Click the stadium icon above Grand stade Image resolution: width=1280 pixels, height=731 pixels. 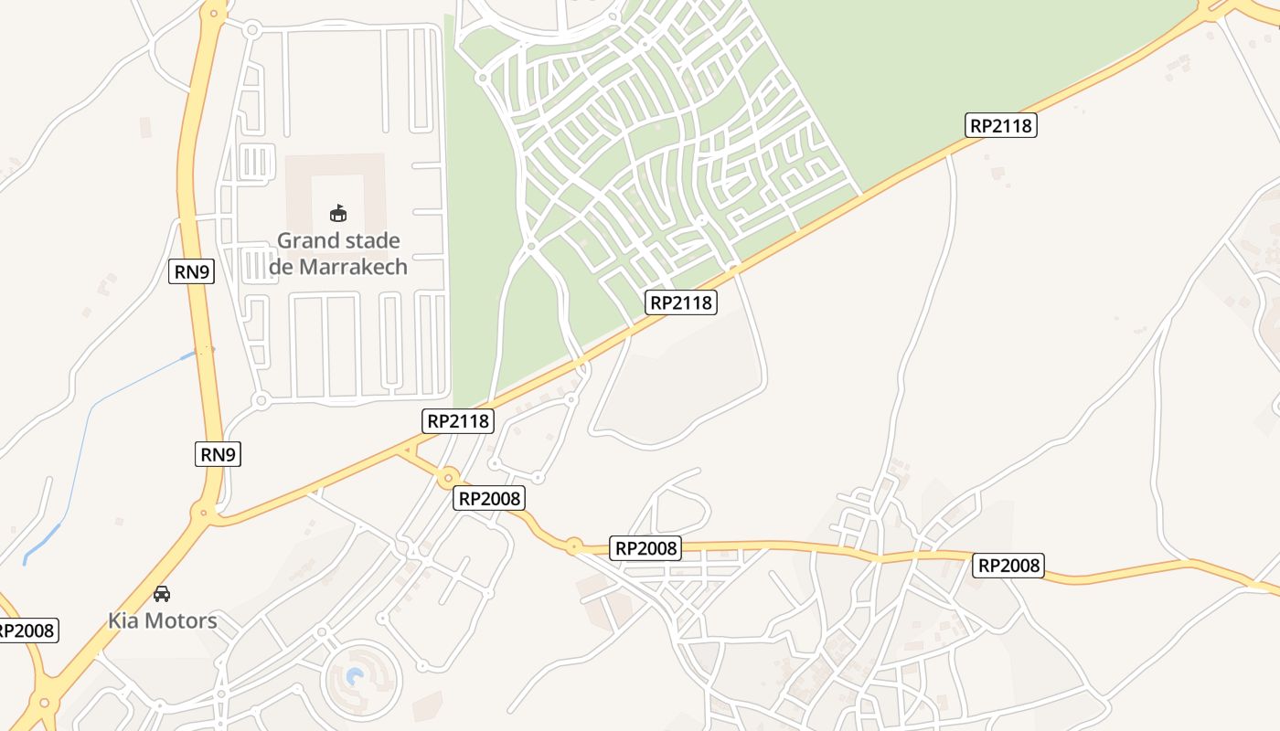click(x=338, y=213)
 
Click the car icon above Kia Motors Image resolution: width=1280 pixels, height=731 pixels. click(x=162, y=594)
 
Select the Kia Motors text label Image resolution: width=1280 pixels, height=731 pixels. click(x=163, y=621)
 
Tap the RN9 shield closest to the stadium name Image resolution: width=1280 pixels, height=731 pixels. click(x=191, y=271)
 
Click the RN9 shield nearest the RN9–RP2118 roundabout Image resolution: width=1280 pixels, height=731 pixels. click(x=218, y=453)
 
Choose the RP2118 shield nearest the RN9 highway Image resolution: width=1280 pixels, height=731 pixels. click(x=459, y=421)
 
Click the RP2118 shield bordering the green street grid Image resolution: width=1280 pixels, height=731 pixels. click(x=680, y=302)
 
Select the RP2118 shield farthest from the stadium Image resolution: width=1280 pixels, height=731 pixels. click(x=1000, y=125)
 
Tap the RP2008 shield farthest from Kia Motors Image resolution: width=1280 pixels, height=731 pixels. click(x=1008, y=566)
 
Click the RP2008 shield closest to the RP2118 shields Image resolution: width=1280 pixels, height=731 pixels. click(x=489, y=498)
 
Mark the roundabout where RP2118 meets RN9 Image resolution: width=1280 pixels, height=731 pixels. click(x=206, y=514)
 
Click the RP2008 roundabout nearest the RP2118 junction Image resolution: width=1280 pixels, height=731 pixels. click(x=448, y=478)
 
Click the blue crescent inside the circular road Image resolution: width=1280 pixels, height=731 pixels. click(x=356, y=677)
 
